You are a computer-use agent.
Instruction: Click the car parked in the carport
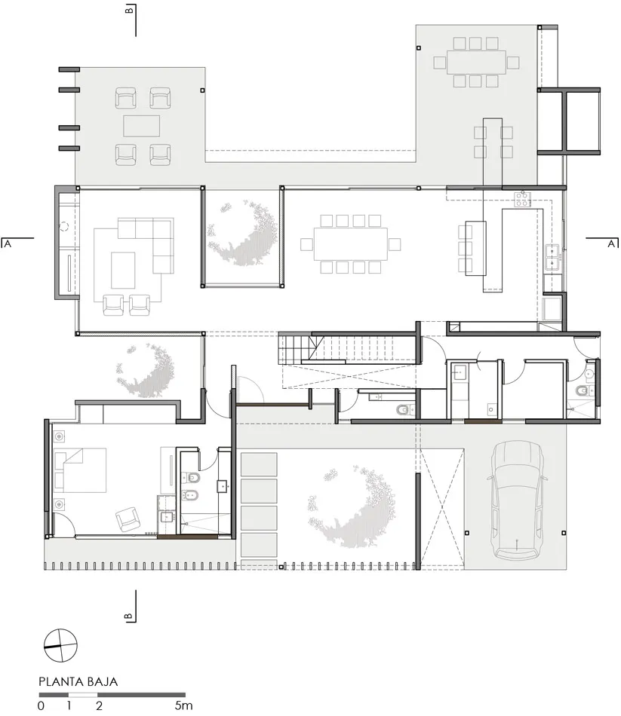coord(517,500)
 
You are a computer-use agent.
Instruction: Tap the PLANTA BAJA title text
coord(78,682)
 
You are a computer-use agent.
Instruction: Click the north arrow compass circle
coord(60,645)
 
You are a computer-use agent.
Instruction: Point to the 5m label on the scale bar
coord(183,705)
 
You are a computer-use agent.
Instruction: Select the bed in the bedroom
coord(81,470)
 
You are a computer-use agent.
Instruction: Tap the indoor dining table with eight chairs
coord(351,244)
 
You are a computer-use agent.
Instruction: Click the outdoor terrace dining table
coord(476,62)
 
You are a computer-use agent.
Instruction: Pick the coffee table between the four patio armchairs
coord(141,126)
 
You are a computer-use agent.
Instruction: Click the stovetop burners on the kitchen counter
coord(522,200)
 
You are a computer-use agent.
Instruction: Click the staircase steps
coord(348,348)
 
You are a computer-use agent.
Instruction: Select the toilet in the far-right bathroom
coord(583,391)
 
